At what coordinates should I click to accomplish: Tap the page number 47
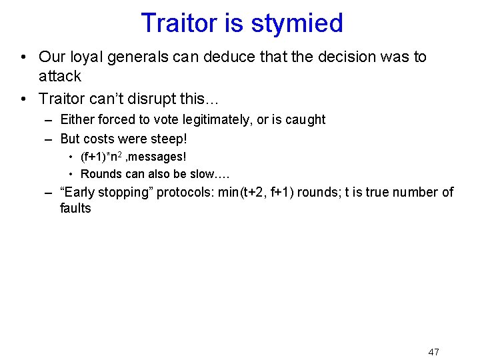[x=433, y=351]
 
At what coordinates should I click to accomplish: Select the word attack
[x=60, y=76]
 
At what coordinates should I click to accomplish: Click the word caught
[x=305, y=120]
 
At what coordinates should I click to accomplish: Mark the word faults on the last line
[x=75, y=209]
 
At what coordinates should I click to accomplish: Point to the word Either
[x=78, y=120]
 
